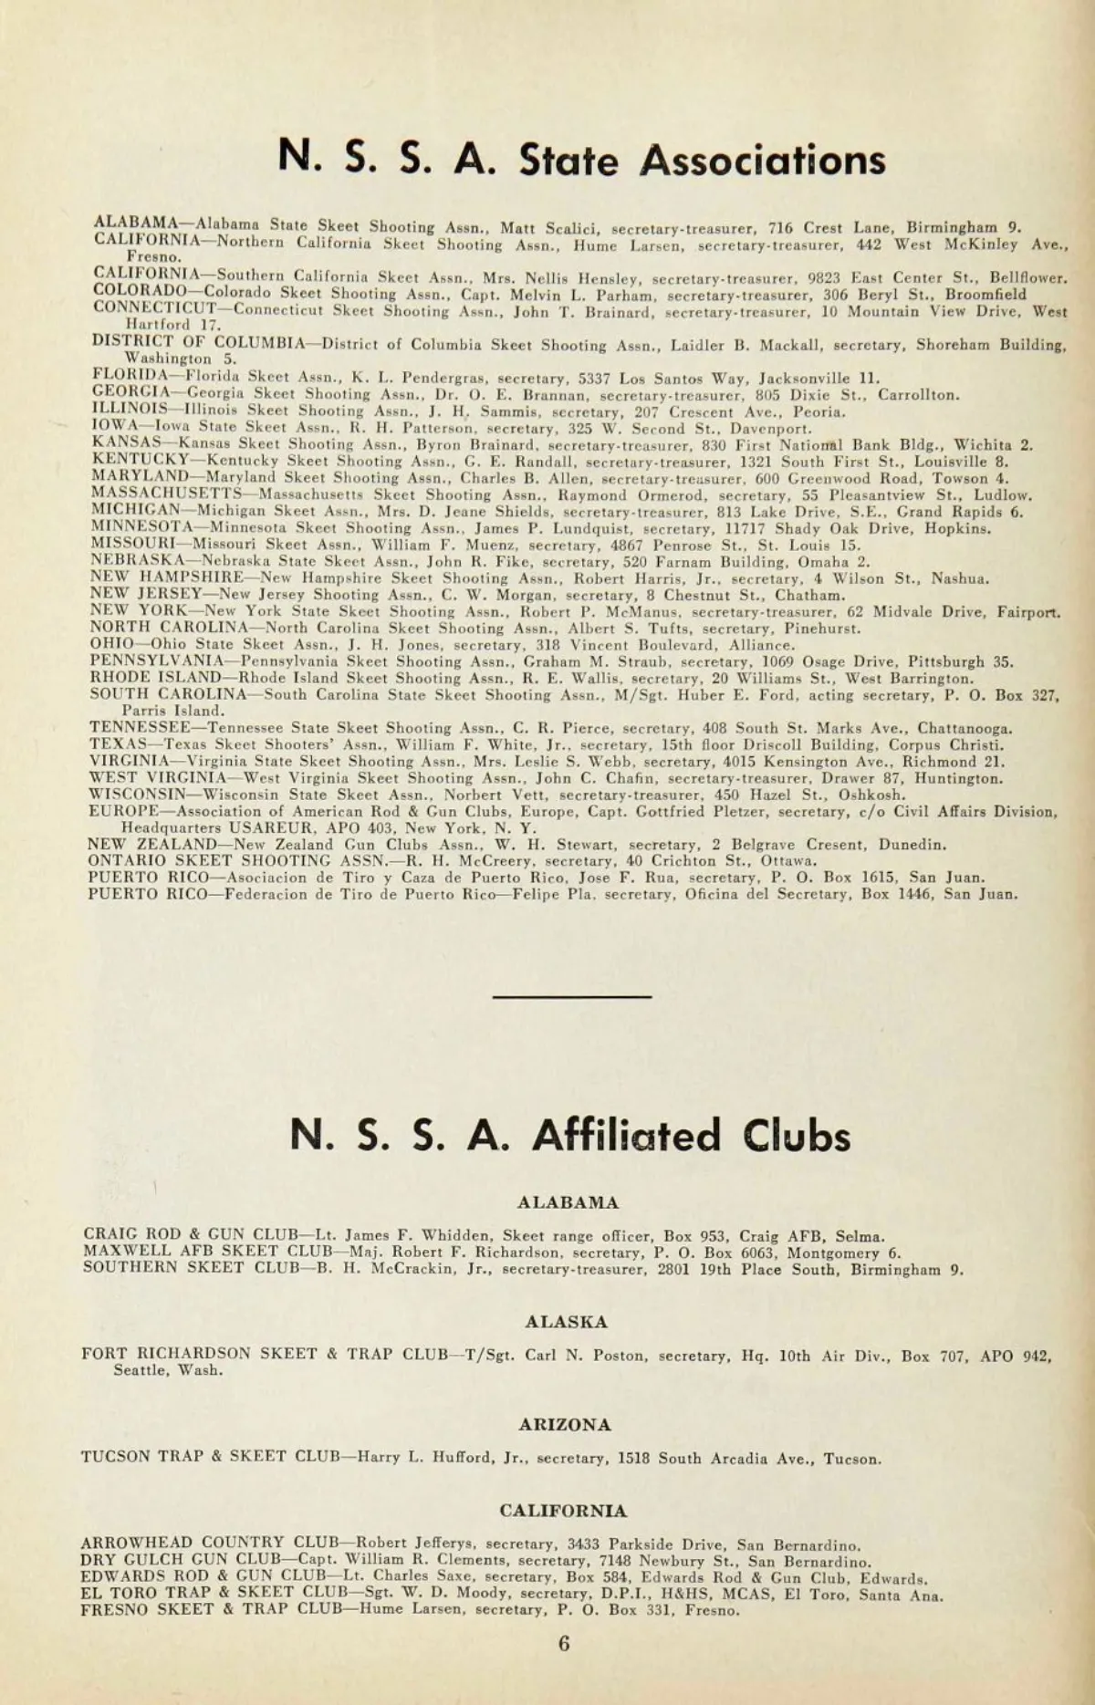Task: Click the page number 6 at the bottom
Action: pyautogui.click(x=564, y=1643)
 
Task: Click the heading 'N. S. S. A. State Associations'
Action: pyautogui.click(x=582, y=160)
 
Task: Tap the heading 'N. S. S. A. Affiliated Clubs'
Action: pyautogui.click(x=570, y=1135)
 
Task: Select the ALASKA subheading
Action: pyautogui.click(x=566, y=1321)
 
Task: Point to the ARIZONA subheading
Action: pyautogui.click(x=565, y=1424)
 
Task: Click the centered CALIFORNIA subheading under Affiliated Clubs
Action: pyautogui.click(x=563, y=1511)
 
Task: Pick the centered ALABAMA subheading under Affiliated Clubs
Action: pyautogui.click(x=568, y=1202)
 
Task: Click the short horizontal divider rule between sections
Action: pyautogui.click(x=572, y=996)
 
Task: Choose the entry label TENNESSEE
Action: pyautogui.click(x=141, y=728)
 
